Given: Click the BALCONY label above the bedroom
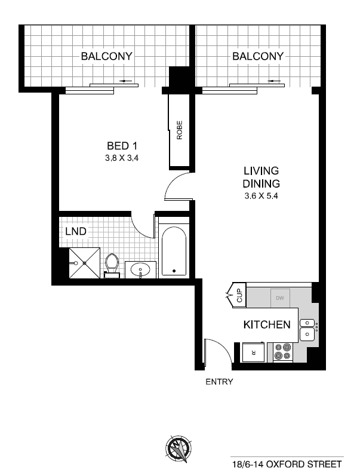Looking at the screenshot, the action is coord(106,56).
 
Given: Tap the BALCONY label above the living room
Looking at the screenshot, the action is coord(258,56).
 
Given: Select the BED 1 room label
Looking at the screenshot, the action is coord(122,146).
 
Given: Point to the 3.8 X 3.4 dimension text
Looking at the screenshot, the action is coord(122,158).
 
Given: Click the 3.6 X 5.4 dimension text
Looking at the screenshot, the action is coord(261,196).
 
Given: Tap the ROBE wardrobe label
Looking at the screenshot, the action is coord(179,130).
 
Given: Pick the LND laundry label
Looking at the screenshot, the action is coord(76,231).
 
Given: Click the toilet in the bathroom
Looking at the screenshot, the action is coord(112,266).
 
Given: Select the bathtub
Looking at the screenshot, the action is coord(174,252).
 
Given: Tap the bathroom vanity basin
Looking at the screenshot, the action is coord(140,269).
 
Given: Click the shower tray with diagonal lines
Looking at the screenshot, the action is coord(85,263).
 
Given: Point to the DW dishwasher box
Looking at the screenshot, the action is coord(280,298).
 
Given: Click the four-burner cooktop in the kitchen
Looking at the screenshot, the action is coord(283,352).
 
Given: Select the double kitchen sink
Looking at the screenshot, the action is coord(307,330).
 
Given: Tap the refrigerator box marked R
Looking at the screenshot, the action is coord(254,352).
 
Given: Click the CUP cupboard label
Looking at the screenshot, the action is coord(239,295).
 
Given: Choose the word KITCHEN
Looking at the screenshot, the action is coord(267,325).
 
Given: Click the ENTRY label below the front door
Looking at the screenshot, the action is coord(219,382).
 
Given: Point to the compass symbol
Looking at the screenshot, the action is coord(179,449).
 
